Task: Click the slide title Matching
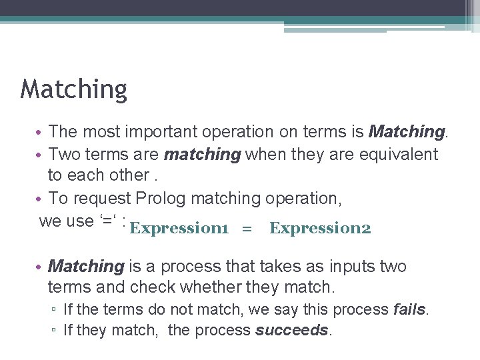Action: [73, 89]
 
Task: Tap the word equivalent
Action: [399, 154]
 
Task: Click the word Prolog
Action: [161, 198]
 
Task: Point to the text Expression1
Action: [179, 228]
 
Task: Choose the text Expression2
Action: [320, 228]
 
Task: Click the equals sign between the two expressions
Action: [247, 229]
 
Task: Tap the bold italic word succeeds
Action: [292, 330]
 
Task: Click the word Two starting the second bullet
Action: [64, 154]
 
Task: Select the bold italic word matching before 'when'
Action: [202, 154]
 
